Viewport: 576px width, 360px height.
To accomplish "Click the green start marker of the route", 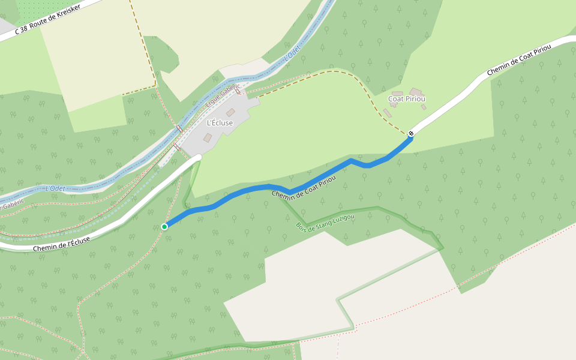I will click(x=164, y=226).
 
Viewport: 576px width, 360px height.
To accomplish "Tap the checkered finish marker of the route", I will click(x=411, y=133).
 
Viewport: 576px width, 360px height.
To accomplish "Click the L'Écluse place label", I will click(x=220, y=123).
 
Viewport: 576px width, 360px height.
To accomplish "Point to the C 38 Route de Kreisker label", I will click(x=47, y=20).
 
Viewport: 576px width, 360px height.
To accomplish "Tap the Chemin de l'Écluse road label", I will click(x=62, y=244).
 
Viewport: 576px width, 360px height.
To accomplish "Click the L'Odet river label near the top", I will click(x=293, y=53).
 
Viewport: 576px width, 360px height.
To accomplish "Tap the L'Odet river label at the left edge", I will click(x=55, y=188).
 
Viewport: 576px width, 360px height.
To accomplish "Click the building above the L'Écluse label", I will click(x=230, y=112).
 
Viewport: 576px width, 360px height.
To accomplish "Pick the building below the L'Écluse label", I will click(x=208, y=138).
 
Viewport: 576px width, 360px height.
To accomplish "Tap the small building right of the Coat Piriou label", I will click(x=424, y=107).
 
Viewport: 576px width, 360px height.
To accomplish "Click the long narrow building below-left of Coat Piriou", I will click(x=388, y=113).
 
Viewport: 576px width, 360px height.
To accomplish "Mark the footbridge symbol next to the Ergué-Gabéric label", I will click(x=238, y=92).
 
